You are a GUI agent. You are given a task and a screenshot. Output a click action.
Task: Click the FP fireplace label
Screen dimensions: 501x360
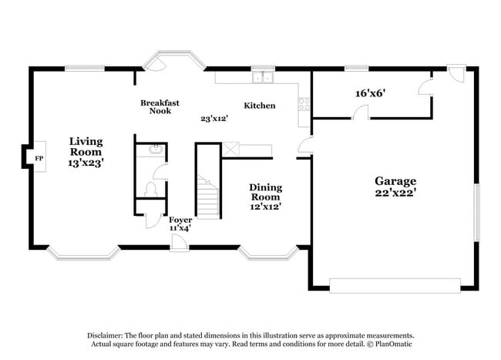pyautogui.click(x=39, y=158)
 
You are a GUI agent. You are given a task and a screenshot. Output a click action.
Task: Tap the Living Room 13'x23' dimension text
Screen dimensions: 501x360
pyautogui.click(x=86, y=163)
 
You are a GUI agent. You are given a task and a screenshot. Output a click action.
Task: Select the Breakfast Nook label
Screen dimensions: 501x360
pyautogui.click(x=160, y=106)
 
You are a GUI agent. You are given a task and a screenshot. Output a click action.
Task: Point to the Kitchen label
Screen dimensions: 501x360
pyautogui.click(x=260, y=106)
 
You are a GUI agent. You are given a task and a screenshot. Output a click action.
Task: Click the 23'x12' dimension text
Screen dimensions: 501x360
pyautogui.click(x=214, y=119)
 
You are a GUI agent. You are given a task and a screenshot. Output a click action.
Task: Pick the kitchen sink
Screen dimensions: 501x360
pyautogui.click(x=263, y=77)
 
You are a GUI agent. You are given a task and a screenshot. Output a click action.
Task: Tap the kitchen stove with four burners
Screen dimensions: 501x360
pyautogui.click(x=304, y=104)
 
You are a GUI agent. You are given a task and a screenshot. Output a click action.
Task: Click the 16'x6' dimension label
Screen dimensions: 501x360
pyautogui.click(x=370, y=93)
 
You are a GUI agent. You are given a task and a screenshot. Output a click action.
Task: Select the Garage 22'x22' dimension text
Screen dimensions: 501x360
pyautogui.click(x=395, y=193)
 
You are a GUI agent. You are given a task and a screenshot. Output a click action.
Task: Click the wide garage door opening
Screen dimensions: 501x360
pyautogui.click(x=395, y=285)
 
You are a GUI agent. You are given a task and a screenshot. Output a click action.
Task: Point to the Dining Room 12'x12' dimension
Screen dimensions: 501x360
pyautogui.click(x=265, y=207)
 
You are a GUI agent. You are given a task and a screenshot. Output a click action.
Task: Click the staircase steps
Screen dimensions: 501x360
pyautogui.click(x=208, y=197)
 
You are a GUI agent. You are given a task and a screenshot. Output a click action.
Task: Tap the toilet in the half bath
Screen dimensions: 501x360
pyautogui.click(x=150, y=189)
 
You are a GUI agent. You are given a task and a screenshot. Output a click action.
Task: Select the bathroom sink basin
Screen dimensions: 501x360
pyautogui.click(x=156, y=150)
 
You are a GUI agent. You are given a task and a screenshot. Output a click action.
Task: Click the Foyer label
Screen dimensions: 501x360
pyautogui.click(x=180, y=220)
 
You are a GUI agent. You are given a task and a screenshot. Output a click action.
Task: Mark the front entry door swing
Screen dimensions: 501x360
pyautogui.click(x=178, y=242)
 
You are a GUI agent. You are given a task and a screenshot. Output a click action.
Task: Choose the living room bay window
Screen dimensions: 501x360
pyautogui.click(x=84, y=254)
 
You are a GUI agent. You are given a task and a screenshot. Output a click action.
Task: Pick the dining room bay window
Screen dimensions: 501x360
pyautogui.click(x=268, y=253)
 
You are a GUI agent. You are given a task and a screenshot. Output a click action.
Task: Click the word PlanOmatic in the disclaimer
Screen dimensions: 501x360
pyautogui.click(x=393, y=344)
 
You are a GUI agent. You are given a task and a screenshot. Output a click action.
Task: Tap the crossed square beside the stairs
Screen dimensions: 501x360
pyautogui.click(x=230, y=150)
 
